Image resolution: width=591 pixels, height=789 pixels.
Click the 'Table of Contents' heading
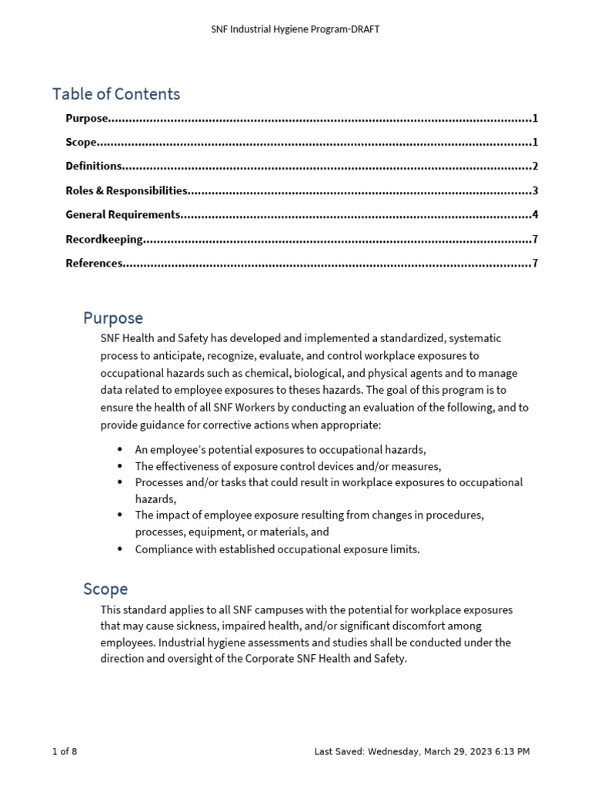(116, 94)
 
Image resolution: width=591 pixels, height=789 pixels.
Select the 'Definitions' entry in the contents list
(94, 166)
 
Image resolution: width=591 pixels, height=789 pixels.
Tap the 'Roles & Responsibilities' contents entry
(126, 191)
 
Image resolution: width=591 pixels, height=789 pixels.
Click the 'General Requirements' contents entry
(123, 215)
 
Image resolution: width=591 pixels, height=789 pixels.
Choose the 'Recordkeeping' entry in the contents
(104, 240)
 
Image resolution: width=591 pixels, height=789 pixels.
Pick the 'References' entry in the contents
(94, 264)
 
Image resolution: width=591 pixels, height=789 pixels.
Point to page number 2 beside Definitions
(535, 166)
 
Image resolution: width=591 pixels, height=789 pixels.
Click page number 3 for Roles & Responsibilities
(535, 191)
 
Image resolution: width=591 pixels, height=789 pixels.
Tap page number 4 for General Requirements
(535, 215)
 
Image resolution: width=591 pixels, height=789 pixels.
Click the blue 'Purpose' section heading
(112, 317)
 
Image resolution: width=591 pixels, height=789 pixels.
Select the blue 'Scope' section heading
(105, 589)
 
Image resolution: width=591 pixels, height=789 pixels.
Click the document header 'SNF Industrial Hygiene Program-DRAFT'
(295, 29)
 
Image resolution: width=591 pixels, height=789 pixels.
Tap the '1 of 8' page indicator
(65, 751)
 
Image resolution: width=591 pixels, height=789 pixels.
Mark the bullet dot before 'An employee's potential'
(119, 449)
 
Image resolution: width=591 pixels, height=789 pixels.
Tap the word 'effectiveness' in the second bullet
(188, 466)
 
